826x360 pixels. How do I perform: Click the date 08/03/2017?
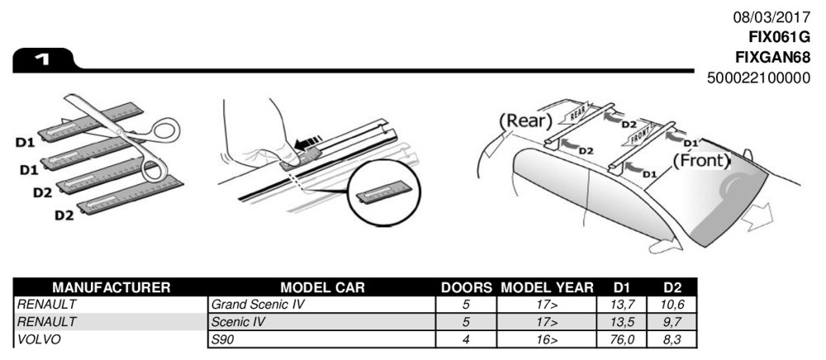pyautogui.click(x=771, y=17)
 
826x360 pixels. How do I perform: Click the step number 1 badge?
pyautogui.click(x=40, y=59)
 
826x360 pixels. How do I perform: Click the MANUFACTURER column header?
pyautogui.click(x=112, y=288)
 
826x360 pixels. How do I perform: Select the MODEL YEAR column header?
pyautogui.click(x=547, y=288)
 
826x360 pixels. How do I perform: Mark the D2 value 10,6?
pyautogui.click(x=672, y=305)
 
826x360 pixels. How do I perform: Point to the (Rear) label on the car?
pyautogui.click(x=525, y=121)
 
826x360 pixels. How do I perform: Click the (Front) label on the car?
pyautogui.click(x=701, y=159)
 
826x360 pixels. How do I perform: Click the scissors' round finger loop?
pyautogui.click(x=162, y=130)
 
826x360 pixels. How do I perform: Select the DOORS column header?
pyautogui.click(x=466, y=288)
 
